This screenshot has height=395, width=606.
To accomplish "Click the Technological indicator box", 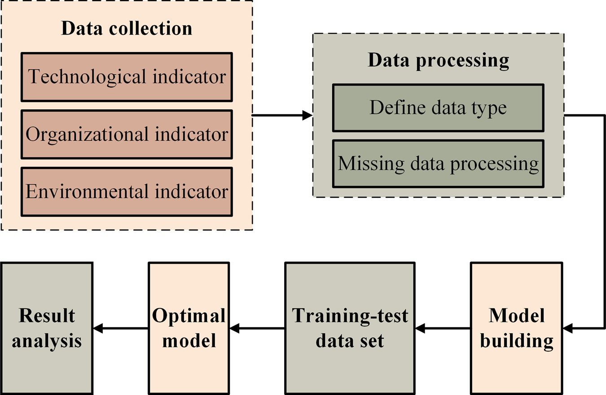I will pyautogui.click(x=127, y=77).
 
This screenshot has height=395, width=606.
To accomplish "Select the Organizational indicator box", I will pyautogui.click(x=127, y=134).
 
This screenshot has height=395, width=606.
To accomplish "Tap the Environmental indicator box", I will pyautogui.click(x=127, y=191).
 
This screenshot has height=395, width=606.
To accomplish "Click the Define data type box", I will pyautogui.click(x=438, y=108).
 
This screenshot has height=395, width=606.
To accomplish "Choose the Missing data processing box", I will pyautogui.click(x=438, y=164).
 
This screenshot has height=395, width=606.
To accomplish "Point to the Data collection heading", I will pyautogui.click(x=127, y=28).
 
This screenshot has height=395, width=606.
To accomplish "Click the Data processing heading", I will pyautogui.click(x=438, y=60).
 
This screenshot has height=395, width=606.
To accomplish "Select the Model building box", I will pyautogui.click(x=516, y=328).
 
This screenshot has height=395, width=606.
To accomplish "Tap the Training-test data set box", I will pyautogui.click(x=350, y=328).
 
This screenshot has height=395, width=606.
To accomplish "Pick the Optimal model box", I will pyautogui.click(x=189, y=328).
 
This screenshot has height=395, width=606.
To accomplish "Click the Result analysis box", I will pyautogui.click(x=47, y=328).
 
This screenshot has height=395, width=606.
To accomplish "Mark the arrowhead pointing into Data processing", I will pyautogui.click(x=307, y=116).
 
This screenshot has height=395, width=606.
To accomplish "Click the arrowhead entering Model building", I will pyautogui.click(x=568, y=329).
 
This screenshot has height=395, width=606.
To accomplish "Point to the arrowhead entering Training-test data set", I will pyautogui.click(x=420, y=329).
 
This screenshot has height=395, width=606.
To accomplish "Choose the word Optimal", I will pyautogui.click(x=189, y=316).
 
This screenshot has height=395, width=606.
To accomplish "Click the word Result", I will pyautogui.click(x=47, y=316).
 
